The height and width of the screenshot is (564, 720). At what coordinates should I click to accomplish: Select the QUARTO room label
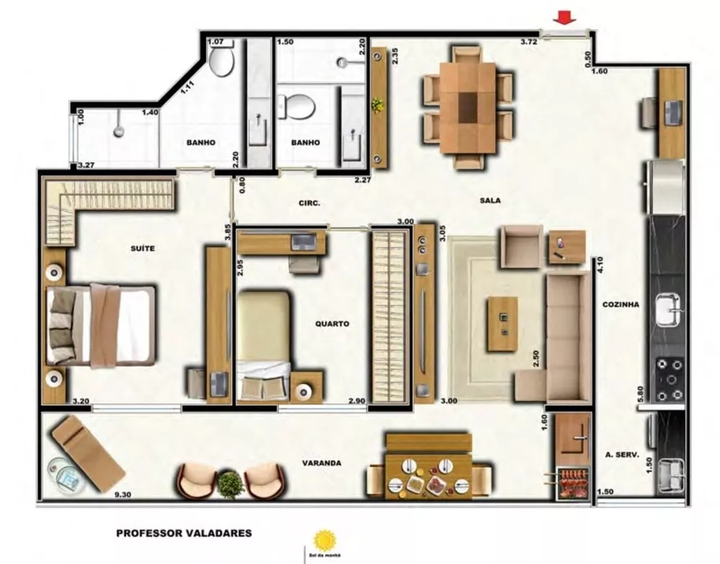pyautogui.click(x=332, y=324)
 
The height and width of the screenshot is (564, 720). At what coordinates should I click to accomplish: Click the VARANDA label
pyautogui.click(x=322, y=463)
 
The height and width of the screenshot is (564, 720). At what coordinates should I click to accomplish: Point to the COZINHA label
pyautogui.click(x=621, y=305)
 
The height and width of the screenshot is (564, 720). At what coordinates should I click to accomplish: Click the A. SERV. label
pyautogui.click(x=624, y=455)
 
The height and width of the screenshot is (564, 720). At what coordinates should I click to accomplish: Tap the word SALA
pyautogui.click(x=491, y=201)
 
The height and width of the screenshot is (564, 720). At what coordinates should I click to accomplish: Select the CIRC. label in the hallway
pyautogui.click(x=310, y=203)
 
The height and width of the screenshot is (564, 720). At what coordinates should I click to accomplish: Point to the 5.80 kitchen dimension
pyautogui.click(x=641, y=395)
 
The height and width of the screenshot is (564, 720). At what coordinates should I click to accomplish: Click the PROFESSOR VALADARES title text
pyautogui.click(x=184, y=534)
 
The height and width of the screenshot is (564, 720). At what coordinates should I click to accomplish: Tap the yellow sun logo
pyautogui.click(x=325, y=540)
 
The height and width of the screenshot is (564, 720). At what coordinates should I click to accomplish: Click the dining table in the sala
pyautogui.click(x=468, y=107)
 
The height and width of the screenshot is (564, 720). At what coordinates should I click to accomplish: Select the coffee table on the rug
pyautogui.click(x=502, y=323)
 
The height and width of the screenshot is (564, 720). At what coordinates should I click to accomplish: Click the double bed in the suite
pyautogui.click(x=101, y=325)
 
